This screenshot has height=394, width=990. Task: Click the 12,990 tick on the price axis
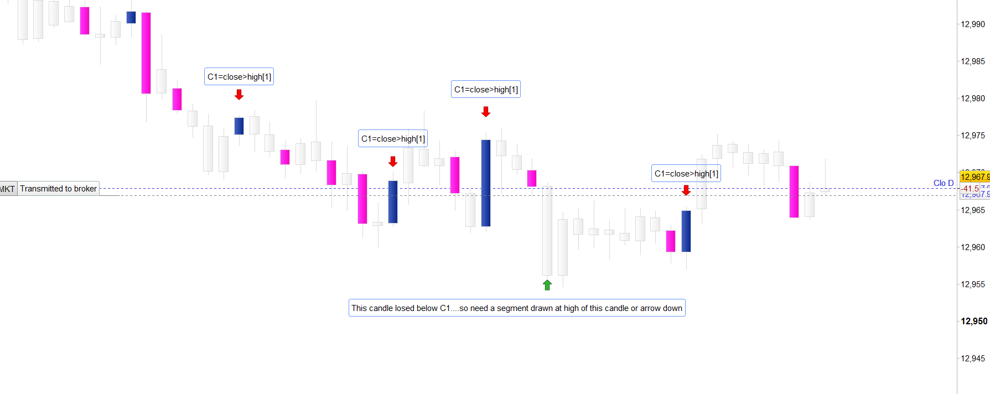pos(973,24)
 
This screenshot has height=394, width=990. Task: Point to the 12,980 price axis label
pos(973,98)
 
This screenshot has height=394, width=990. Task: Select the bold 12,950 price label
pos(974,321)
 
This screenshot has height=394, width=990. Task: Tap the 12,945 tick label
pos(973,359)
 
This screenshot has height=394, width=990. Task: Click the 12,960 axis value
pos(973,247)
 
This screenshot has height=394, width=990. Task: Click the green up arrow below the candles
pos(547,285)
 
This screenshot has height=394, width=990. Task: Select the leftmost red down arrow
pos(239,95)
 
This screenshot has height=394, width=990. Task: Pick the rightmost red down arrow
pos(686,190)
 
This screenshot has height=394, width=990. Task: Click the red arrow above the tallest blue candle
pos(486,112)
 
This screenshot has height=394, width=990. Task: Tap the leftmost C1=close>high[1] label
pos(239,77)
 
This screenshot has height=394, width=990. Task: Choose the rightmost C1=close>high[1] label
pos(686,174)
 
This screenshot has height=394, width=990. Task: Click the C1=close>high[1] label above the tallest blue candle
pos(486,90)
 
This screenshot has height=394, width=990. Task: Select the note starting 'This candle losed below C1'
pos(517,308)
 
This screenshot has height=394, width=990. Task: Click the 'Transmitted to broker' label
pos(58,189)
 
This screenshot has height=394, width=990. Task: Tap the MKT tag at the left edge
pos(7,189)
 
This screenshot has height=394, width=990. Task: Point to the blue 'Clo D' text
pos(944,183)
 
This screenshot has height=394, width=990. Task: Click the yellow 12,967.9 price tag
pos(975,177)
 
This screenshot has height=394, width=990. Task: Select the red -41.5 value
pos(970,189)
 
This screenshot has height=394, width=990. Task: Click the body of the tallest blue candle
pos(486,183)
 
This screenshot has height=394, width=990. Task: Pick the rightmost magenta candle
pos(794,191)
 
